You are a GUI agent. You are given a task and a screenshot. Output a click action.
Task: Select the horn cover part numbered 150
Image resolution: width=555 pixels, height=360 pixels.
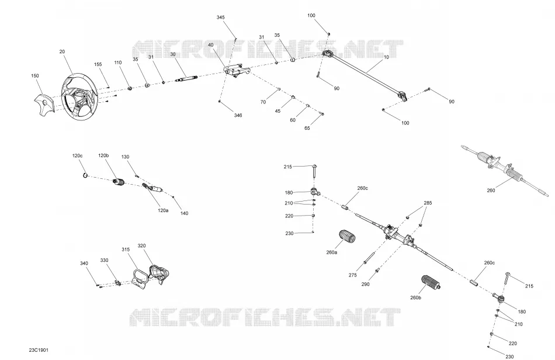tap(44, 103)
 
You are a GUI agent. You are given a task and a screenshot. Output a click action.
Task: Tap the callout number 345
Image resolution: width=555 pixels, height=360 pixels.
tap(220, 18)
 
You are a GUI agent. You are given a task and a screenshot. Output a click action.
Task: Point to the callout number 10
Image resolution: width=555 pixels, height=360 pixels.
tap(386, 57)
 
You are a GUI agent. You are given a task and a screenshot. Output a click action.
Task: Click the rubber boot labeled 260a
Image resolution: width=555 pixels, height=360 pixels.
tap(347, 237)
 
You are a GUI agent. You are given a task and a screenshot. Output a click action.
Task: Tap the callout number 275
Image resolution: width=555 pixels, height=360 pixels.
tap(352, 275)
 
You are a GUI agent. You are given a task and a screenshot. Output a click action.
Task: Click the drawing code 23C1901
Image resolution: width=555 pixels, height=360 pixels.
tap(39, 350)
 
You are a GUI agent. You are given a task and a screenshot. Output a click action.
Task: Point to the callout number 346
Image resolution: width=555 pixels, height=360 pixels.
tap(238, 115)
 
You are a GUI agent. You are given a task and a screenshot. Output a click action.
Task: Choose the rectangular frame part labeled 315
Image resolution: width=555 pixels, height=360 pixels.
tap(140, 276)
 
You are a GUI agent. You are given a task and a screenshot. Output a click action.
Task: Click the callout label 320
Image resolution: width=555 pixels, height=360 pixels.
tap(141, 245)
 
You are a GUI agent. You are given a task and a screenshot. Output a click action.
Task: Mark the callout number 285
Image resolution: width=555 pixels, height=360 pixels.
tap(428, 203)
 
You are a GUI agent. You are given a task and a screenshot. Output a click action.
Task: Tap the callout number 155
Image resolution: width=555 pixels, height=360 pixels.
tap(98, 64)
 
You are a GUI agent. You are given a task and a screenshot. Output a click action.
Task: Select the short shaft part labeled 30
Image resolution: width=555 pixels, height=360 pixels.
tap(186, 79)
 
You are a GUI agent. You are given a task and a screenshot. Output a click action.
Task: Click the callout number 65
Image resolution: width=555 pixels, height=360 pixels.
tap(307, 128)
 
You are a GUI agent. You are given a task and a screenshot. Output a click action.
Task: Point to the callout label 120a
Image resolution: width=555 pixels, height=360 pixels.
tap(163, 210)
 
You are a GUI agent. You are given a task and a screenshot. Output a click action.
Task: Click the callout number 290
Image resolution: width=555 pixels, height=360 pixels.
tap(365, 284)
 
